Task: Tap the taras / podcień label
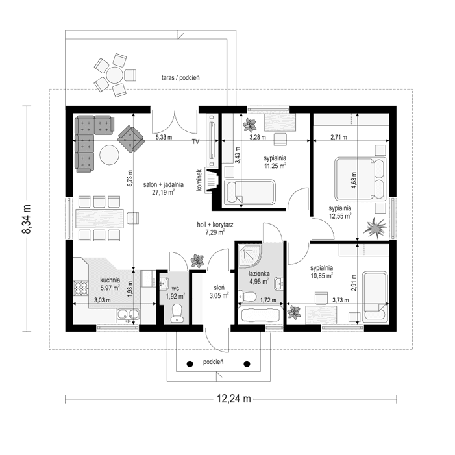pos(180,77)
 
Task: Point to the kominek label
pos(201,180)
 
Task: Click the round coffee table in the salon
pos(108,156)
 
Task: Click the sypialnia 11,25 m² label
pos(275,162)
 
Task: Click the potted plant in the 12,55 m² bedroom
pos(375,228)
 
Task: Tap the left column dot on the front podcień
pos(190,363)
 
